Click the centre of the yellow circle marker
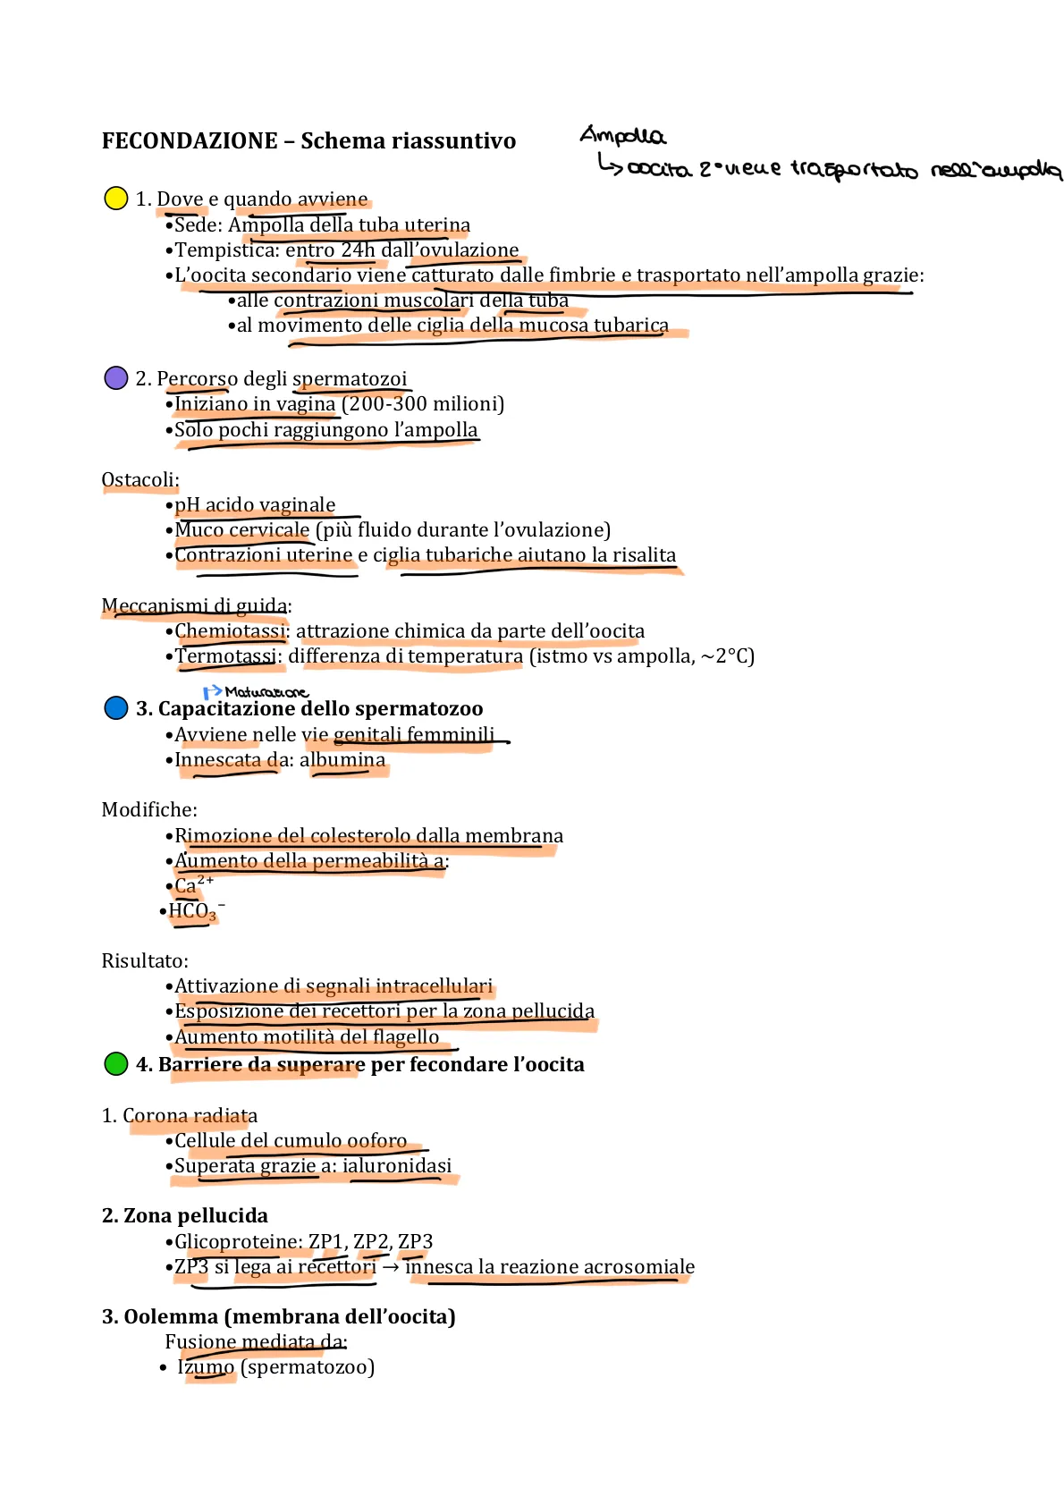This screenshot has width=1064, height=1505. [x=115, y=199]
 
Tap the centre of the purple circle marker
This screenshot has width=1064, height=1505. [x=115, y=378]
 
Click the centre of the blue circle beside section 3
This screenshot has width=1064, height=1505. [x=115, y=708]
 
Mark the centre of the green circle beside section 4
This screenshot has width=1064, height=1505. [x=115, y=1064]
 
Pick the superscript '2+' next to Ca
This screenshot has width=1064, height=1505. [x=206, y=880]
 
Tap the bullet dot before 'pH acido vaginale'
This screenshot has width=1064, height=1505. [x=169, y=505]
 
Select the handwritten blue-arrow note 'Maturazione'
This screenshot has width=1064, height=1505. [x=266, y=692]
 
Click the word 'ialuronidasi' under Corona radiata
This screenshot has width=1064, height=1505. [x=397, y=1166]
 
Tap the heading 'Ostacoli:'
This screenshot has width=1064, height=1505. [x=140, y=479]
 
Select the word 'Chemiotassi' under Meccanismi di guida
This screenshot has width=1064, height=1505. [x=230, y=631]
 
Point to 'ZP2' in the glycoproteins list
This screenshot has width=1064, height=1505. [x=371, y=1241]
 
